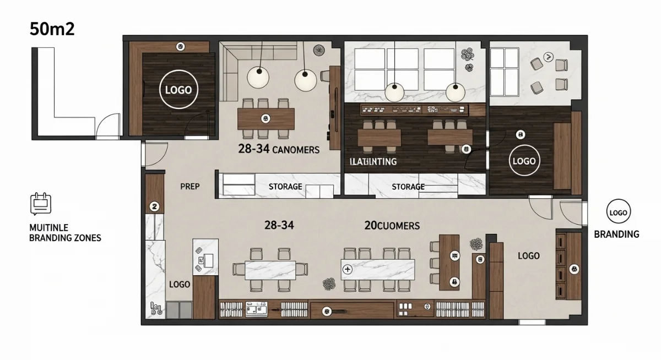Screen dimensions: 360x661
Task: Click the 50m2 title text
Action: click(x=52, y=29)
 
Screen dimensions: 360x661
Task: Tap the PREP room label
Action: click(x=189, y=187)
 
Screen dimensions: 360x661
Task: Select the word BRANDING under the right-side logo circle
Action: click(x=616, y=234)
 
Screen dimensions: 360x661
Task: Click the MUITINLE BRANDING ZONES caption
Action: click(x=65, y=232)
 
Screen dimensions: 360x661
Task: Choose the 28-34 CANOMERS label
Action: click(x=278, y=149)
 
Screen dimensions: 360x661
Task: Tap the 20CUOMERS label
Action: click(x=392, y=225)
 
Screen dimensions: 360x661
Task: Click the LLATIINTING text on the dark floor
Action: click(x=373, y=162)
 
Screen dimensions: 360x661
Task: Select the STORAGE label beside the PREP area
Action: click(x=285, y=187)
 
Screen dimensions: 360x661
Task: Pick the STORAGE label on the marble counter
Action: click(x=408, y=187)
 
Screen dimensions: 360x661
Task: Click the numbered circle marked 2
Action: click(x=155, y=206)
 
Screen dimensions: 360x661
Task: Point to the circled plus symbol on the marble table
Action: click(x=347, y=269)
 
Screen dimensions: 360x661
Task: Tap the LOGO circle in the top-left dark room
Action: click(x=178, y=89)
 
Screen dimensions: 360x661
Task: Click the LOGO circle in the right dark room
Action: click(x=524, y=161)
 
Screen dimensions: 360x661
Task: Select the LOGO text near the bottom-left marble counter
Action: click(x=180, y=285)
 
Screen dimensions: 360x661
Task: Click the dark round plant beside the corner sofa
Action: click(x=319, y=51)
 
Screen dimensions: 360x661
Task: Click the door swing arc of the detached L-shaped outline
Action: click(x=109, y=124)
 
